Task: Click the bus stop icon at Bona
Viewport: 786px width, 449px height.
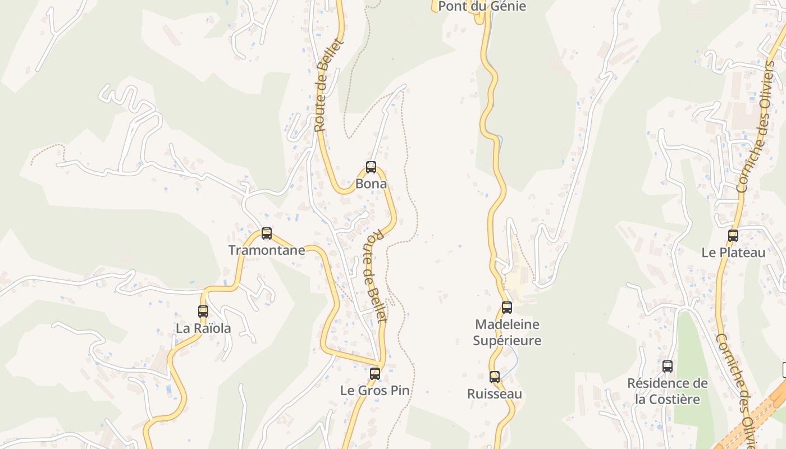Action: tap(371, 167)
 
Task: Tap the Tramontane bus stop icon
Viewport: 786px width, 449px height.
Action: tap(267, 233)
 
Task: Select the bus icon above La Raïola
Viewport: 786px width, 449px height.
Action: tap(203, 311)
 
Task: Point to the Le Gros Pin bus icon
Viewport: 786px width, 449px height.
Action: tap(375, 373)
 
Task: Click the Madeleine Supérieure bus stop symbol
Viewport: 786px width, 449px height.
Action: tap(507, 308)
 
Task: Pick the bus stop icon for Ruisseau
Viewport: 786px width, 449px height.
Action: tap(495, 377)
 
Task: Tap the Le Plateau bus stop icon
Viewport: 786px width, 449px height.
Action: tap(733, 236)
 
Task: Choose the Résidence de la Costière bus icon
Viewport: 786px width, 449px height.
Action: tap(668, 366)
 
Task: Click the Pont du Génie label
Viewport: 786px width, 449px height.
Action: tap(482, 7)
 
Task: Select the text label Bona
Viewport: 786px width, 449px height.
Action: tap(371, 184)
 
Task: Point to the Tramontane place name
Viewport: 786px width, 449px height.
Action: tap(267, 250)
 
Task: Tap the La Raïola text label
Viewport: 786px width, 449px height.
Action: tap(203, 328)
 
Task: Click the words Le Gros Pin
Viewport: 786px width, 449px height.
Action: tap(375, 390)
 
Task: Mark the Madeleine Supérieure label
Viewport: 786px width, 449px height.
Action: tap(507, 332)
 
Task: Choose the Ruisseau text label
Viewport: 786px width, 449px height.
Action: tap(495, 394)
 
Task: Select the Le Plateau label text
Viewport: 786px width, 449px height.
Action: tap(733, 253)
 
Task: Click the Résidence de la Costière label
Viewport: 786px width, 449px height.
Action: tap(668, 391)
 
